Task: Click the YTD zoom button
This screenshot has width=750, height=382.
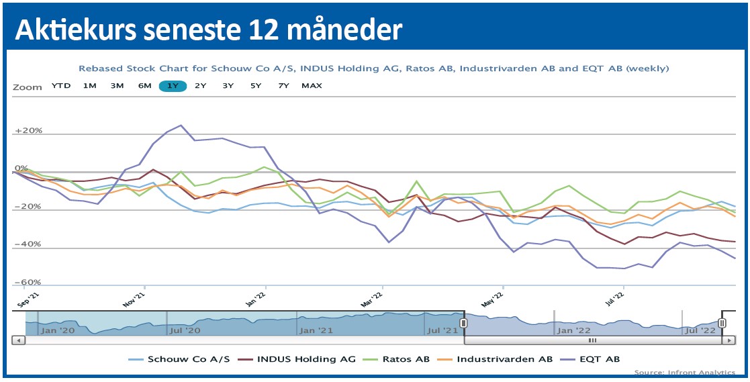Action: coord(61,86)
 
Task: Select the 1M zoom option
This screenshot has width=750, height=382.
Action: coord(89,86)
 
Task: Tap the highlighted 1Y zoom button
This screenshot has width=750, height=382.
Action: coord(173,86)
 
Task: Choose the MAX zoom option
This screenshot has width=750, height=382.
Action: coord(312,86)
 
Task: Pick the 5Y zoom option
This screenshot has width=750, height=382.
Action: coord(256,86)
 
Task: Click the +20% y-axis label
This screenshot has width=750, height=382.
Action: coord(28,131)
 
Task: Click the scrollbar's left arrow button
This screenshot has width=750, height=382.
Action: coord(19,340)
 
